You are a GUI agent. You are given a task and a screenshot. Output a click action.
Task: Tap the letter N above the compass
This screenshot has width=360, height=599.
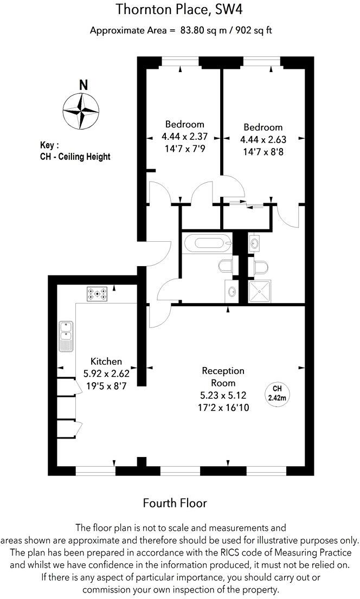[83, 85]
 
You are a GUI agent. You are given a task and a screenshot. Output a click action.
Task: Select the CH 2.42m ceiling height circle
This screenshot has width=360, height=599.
[277, 393]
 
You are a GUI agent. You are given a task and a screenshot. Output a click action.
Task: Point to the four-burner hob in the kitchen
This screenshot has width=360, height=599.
[98, 294]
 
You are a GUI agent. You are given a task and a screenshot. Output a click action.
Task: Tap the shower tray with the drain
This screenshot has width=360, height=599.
[260, 291]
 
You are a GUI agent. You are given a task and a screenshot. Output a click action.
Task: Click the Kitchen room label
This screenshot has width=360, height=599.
[106, 362]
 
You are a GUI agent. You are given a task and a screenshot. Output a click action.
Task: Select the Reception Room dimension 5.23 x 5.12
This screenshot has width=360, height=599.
[223, 396]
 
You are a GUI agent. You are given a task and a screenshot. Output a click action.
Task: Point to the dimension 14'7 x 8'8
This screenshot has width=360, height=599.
[262, 152]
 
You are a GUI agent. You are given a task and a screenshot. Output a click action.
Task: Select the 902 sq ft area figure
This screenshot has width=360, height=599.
[250, 30]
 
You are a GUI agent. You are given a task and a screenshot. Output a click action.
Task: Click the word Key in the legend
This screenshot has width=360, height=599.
[48, 145]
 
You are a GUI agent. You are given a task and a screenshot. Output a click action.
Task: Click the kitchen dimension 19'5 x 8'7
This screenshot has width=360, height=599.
[106, 386]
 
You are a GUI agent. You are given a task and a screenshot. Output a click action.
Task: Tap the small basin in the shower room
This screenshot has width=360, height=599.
[254, 243]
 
